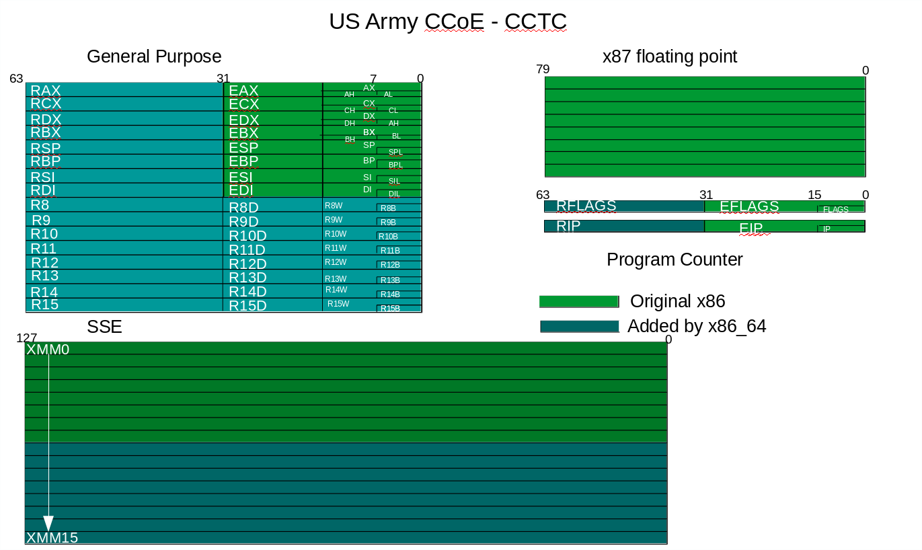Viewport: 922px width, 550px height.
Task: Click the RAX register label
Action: tap(46, 91)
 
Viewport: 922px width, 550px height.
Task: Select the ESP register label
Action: tap(243, 147)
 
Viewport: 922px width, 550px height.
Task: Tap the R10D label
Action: tap(247, 236)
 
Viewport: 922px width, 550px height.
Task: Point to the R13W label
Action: tap(336, 279)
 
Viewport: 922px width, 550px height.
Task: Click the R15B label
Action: tap(390, 309)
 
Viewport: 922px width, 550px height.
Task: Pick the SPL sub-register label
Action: tap(395, 153)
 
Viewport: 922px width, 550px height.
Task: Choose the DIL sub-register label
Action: tap(394, 194)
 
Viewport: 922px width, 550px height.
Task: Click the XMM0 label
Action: tap(48, 350)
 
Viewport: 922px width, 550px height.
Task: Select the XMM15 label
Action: tap(52, 538)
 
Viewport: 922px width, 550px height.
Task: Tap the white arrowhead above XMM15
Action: tap(48, 523)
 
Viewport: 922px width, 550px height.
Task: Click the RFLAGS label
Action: tap(586, 206)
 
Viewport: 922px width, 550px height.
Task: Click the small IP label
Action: tap(827, 229)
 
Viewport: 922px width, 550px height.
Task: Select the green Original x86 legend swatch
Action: tap(578, 302)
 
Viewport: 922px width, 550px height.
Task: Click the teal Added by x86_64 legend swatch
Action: tap(579, 326)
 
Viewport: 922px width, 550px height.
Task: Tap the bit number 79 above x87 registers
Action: tap(543, 69)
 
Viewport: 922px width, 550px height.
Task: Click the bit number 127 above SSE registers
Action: tap(26, 338)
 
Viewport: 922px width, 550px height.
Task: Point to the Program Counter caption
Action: tap(675, 260)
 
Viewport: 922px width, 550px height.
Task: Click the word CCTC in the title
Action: tap(535, 22)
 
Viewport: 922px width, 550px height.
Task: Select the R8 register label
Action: tap(40, 205)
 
